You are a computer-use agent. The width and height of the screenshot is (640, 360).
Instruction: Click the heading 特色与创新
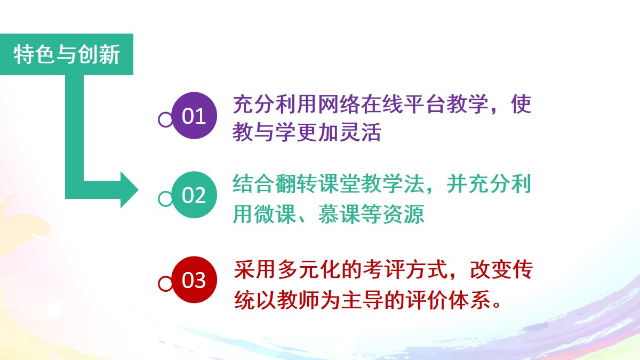coord(67,54)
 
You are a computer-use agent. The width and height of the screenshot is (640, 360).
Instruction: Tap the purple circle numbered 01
coord(194,115)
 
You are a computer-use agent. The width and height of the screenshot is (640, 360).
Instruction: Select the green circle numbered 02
coord(194,195)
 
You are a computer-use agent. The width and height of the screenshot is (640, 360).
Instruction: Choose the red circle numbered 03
coord(194,279)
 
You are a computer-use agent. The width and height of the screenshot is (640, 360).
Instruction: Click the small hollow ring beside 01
coord(165,119)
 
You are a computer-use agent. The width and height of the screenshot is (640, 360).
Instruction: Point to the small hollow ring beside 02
coord(165,198)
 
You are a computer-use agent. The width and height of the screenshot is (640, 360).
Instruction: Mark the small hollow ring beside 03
coord(165,284)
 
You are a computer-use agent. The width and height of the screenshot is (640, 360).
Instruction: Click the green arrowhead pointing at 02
coord(130,190)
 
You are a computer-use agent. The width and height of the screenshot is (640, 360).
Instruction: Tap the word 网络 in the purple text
coord(339,104)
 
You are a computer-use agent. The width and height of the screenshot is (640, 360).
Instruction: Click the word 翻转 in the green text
coord(297,183)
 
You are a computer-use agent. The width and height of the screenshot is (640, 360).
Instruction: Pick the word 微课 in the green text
coord(275,214)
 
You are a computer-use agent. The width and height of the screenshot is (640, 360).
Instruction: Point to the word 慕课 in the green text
coord(339,214)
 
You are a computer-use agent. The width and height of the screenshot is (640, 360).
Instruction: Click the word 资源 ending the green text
coord(403,214)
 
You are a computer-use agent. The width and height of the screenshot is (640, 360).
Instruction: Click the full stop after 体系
coord(497,305)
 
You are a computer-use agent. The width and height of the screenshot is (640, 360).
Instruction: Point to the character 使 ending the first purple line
coord(521,104)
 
